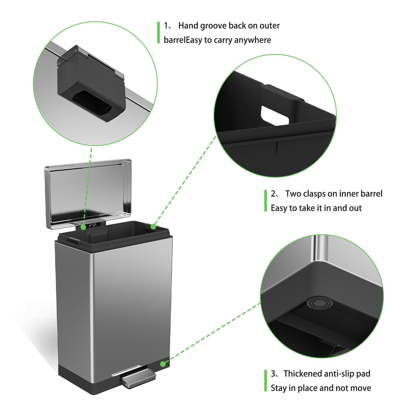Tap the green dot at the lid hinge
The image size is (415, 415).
(83, 227)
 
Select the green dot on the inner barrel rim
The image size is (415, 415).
(153, 227)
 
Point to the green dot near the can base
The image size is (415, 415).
(163, 364)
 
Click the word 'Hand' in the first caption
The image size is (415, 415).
(188, 26)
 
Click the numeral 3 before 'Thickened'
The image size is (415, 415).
(273, 374)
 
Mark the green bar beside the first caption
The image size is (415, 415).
(158, 32)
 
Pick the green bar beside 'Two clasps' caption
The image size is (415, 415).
(265, 201)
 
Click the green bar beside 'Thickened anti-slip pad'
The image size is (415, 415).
(265, 381)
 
